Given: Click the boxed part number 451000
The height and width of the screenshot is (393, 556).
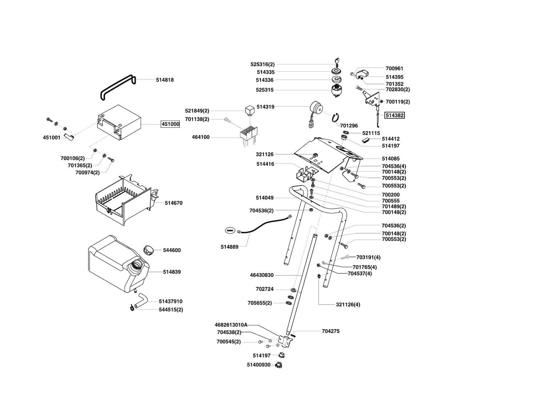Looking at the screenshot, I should [x=170, y=124].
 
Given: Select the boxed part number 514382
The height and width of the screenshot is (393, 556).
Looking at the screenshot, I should [x=395, y=115].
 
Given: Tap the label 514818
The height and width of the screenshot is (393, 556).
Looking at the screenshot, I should [x=164, y=80].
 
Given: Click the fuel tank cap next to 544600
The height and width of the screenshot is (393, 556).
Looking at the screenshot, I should [x=148, y=250].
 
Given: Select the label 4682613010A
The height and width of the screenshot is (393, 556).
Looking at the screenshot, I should [x=231, y=325].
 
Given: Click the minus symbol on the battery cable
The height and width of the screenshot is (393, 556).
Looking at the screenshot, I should [x=229, y=230].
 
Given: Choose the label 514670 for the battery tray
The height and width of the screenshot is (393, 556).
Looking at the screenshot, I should [x=174, y=203].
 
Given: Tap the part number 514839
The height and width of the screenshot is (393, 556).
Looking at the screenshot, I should [x=172, y=272].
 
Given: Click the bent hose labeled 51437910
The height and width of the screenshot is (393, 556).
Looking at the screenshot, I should [x=140, y=301].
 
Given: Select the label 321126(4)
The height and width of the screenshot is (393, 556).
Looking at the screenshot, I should [x=348, y=305].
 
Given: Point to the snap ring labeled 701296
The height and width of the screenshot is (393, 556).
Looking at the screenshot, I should [x=336, y=118].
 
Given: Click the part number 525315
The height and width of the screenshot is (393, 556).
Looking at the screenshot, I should [x=265, y=90].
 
